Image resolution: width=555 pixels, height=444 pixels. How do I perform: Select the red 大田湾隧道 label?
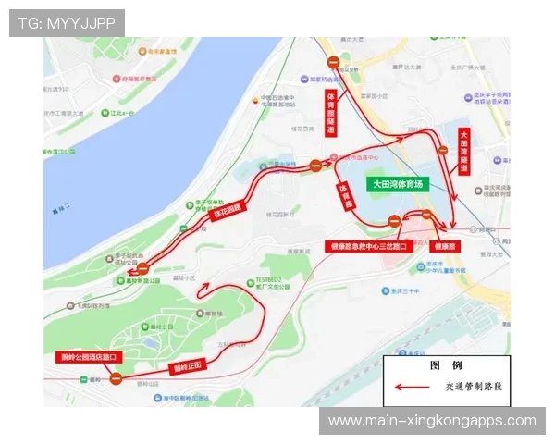[x=464, y=151]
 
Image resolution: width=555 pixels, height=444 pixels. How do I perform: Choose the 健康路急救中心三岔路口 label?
[x=367, y=247]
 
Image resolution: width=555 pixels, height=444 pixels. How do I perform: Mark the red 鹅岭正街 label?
[x=188, y=366]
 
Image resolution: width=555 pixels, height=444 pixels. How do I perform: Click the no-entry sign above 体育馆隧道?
[x=333, y=63]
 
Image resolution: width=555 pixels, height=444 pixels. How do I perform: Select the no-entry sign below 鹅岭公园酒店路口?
[x=116, y=377]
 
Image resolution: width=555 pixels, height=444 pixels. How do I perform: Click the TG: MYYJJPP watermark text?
[x=67, y=22]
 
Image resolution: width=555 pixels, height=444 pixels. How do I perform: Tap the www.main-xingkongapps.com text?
[x=432, y=421]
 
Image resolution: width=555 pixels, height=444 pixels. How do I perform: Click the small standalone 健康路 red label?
[x=444, y=247]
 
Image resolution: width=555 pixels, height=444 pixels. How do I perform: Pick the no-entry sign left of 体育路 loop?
[x=315, y=166]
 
